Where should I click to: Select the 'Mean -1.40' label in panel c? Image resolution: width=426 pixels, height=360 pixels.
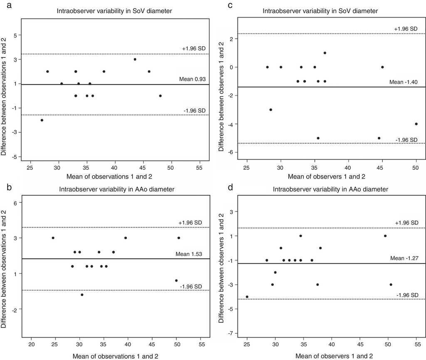[x=404, y=82]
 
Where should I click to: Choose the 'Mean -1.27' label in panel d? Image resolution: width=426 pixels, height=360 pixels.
[x=404, y=258]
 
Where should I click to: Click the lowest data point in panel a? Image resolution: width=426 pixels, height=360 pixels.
[x=42, y=120]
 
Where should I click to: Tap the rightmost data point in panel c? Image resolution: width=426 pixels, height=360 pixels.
[x=416, y=124]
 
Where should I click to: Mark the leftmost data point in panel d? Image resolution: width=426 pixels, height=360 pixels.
[x=247, y=297]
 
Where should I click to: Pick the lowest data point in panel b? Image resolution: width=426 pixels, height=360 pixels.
[x=82, y=295]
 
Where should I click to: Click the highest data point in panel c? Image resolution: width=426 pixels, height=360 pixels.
[x=325, y=53]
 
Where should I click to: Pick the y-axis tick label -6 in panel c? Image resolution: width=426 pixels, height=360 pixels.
[x=230, y=153]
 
